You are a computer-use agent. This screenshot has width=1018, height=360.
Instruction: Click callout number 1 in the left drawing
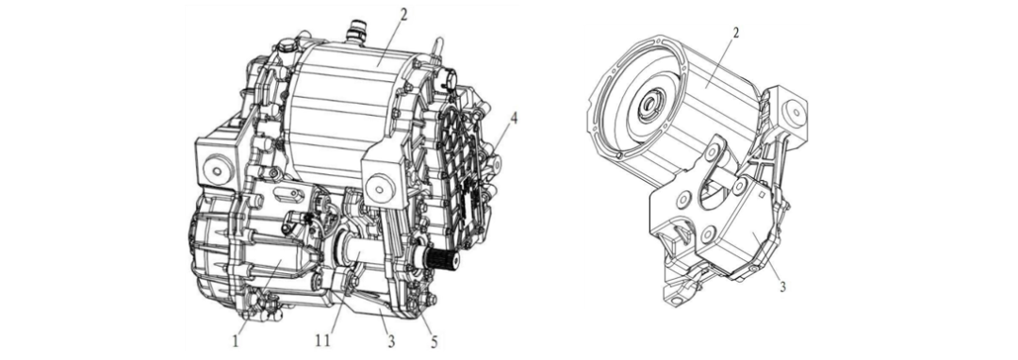click(x=236, y=339)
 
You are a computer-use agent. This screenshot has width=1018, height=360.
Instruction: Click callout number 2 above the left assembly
click(x=403, y=14)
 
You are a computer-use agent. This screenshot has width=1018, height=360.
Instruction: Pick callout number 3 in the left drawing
click(x=390, y=339)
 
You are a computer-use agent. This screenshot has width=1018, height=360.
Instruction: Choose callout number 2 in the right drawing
click(x=735, y=34)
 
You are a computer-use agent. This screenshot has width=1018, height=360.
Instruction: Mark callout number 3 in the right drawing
click(x=783, y=286)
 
